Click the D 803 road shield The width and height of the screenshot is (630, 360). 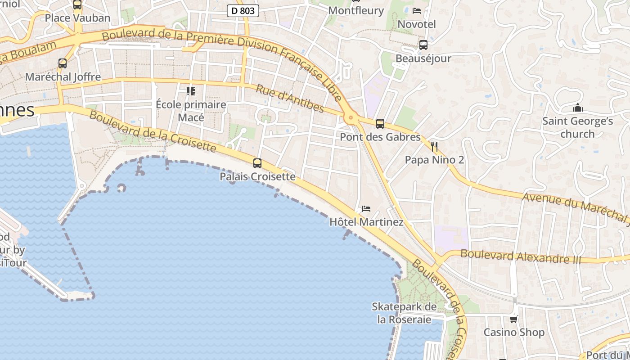(x=243, y=10)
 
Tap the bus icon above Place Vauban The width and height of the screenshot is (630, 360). (x=77, y=4)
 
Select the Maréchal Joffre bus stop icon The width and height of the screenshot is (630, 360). (x=63, y=63)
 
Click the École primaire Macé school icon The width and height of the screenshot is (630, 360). (x=191, y=91)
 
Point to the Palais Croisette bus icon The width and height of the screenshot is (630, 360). (x=257, y=163)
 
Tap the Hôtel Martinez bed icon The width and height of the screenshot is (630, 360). (x=366, y=209)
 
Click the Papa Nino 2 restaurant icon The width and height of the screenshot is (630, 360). (x=434, y=147)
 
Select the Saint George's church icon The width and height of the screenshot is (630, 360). (x=577, y=108)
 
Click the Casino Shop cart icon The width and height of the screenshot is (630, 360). (x=513, y=319)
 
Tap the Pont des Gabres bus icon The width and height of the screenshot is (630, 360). (x=380, y=124)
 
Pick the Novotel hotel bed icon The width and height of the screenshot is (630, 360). (x=417, y=11)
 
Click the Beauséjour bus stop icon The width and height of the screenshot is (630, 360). (x=423, y=45)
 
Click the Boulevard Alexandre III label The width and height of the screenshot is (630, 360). (x=521, y=256)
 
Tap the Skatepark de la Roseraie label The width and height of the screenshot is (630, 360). (x=404, y=313)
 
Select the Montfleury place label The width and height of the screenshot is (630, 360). (x=356, y=10)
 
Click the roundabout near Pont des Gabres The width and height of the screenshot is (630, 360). (x=351, y=118)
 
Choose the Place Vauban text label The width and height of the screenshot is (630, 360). (x=77, y=18)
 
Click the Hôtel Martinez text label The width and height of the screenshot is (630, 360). (x=366, y=222)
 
